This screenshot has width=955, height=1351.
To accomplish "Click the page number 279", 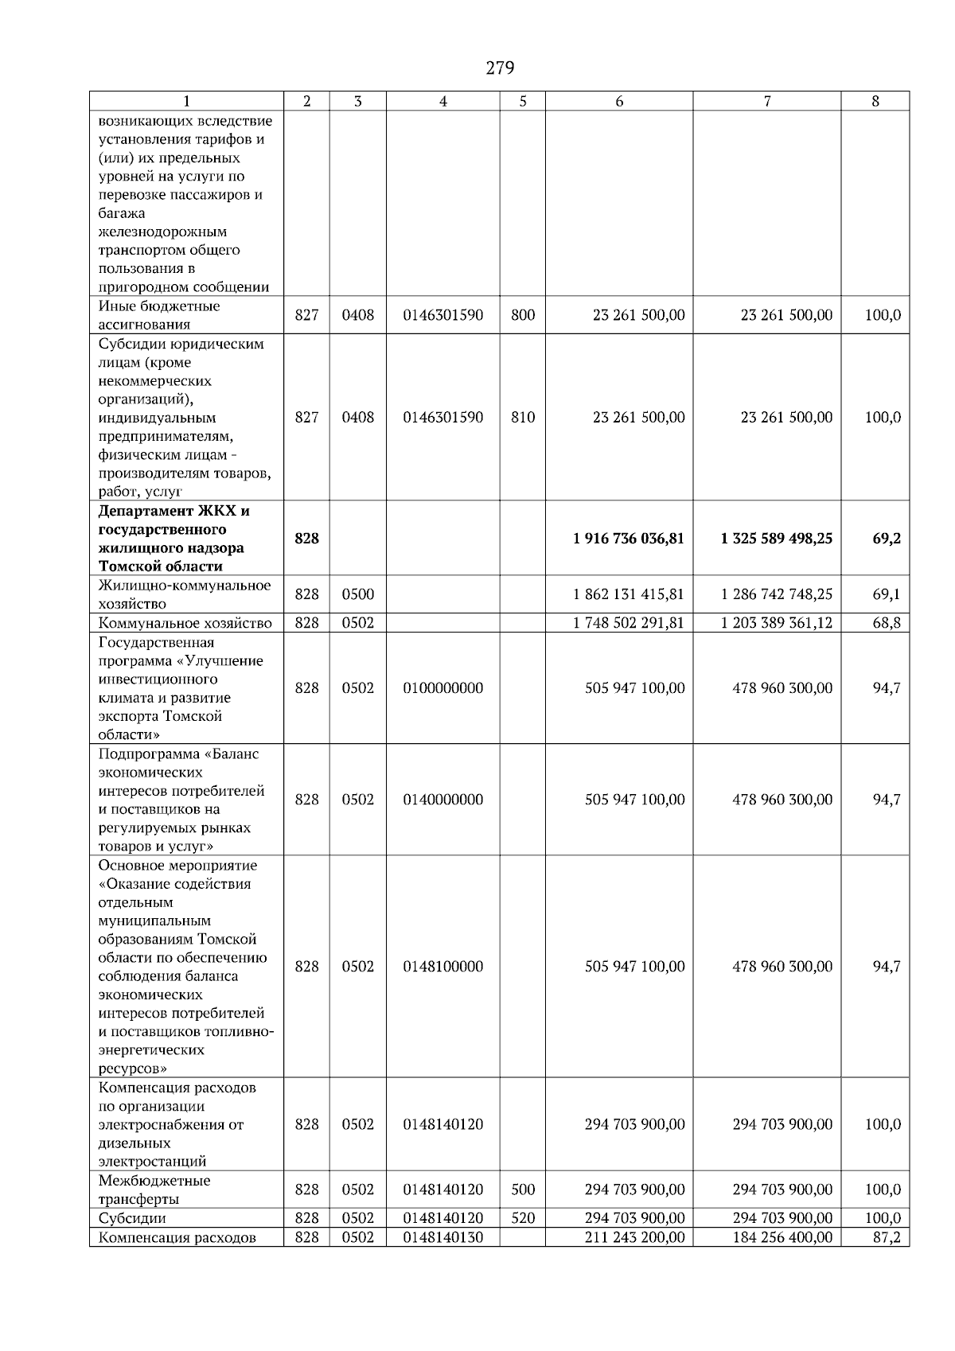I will pyautogui.click(x=500, y=68).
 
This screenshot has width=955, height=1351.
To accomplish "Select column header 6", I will pyautogui.click(x=619, y=101).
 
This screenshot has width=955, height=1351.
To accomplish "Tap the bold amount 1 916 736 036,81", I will pyautogui.click(x=628, y=539).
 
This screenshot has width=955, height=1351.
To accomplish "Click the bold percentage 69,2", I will pyautogui.click(x=886, y=539).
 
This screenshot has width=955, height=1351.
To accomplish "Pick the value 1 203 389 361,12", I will pyautogui.click(x=776, y=623).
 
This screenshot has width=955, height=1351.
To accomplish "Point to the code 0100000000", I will pyautogui.click(x=442, y=688).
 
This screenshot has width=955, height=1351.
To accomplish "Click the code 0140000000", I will pyautogui.click(x=442, y=800).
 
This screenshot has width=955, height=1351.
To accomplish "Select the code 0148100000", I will pyautogui.click(x=442, y=967).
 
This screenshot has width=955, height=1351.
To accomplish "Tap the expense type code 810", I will pyautogui.click(x=523, y=418).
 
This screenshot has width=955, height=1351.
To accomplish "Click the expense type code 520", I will pyautogui.click(x=523, y=1218).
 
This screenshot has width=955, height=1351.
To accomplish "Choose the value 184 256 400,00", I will pyautogui.click(x=782, y=1237).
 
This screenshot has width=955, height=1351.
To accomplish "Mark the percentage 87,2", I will pyautogui.click(x=886, y=1237).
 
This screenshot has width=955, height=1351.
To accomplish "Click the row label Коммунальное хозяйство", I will pyautogui.click(x=185, y=623).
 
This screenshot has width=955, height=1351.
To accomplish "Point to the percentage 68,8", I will pyautogui.click(x=886, y=623).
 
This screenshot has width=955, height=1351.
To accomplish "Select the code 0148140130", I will pyautogui.click(x=442, y=1237).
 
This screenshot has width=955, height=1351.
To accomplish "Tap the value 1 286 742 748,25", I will pyautogui.click(x=776, y=594).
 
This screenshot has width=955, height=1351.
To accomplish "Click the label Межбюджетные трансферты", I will pyautogui.click(x=154, y=1189).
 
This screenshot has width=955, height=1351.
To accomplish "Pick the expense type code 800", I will pyautogui.click(x=523, y=315).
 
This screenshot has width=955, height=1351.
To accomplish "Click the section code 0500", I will pyautogui.click(x=357, y=594).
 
